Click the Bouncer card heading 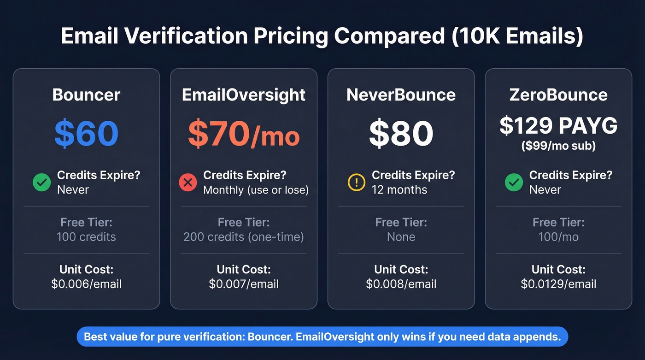86,95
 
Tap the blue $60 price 86,133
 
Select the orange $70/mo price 244,134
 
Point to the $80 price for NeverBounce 401,133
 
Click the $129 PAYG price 558,125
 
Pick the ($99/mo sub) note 558,146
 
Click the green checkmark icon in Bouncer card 42,183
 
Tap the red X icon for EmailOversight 188,183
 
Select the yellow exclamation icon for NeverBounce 356,183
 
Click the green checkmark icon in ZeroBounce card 514,183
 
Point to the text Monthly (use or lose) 256,190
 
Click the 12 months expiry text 399,190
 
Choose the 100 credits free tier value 86,237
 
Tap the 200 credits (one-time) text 244,237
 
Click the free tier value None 401,237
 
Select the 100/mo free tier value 558,237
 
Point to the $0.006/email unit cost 86,284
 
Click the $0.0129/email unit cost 558,284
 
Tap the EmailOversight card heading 244,95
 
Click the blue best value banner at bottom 322,336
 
